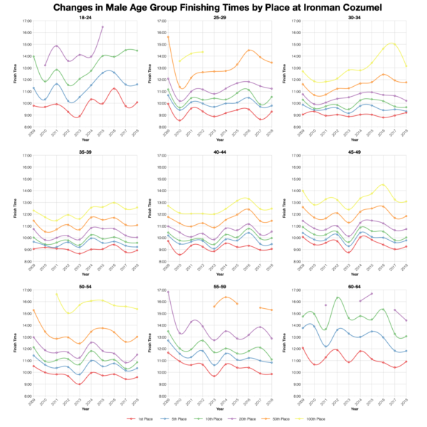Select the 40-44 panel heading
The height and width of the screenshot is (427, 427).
coord(214,150)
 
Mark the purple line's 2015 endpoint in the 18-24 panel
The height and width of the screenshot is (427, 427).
coord(102,27)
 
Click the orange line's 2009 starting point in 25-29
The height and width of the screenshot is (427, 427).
coord(168,37)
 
